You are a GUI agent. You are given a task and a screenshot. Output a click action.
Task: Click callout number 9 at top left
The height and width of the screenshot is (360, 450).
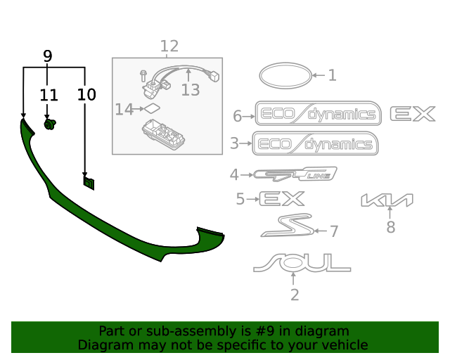(x=48, y=56)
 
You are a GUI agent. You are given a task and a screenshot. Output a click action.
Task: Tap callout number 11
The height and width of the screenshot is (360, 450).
(x=49, y=94)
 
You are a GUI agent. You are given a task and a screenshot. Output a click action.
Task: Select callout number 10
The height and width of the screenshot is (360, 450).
(x=86, y=94)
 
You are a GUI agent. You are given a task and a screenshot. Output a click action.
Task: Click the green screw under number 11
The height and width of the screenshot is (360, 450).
(x=50, y=124)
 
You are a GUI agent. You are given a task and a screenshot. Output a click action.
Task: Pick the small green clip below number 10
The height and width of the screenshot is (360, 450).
(x=89, y=183)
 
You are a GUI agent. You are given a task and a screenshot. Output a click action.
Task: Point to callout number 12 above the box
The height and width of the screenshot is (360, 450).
(x=169, y=46)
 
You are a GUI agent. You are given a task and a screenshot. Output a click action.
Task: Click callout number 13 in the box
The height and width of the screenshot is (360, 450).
(x=191, y=89)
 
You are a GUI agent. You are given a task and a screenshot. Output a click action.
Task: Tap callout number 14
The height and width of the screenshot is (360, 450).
(x=124, y=109)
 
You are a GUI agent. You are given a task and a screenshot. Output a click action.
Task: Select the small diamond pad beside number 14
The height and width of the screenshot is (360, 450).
(x=151, y=108)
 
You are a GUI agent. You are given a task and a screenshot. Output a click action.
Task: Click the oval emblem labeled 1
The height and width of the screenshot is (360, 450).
(x=284, y=75)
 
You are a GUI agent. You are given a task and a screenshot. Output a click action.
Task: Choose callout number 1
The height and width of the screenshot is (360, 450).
(x=332, y=75)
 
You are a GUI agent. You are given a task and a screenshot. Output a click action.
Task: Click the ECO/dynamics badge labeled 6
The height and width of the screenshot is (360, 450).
(x=318, y=115)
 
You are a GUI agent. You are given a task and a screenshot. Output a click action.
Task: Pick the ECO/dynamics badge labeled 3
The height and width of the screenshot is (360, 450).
(x=315, y=144)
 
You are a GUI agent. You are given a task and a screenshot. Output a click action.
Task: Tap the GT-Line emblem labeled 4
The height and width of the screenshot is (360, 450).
(x=295, y=174)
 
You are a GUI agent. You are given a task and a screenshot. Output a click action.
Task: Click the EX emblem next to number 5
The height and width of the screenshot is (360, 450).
(x=281, y=199)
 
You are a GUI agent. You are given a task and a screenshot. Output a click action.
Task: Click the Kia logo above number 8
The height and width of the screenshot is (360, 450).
(x=387, y=200)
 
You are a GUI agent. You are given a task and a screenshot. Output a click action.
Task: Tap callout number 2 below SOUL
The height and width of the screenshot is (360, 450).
(x=294, y=295)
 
